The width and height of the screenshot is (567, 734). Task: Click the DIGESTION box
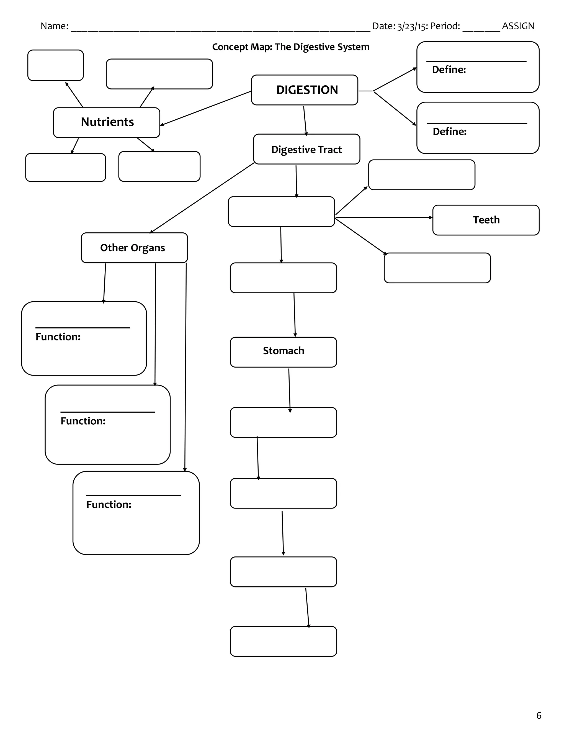pos(304,90)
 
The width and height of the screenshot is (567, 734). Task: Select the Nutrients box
pos(107,122)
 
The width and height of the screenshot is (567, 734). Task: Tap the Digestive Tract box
pos(306,149)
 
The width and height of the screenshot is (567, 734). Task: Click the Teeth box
pos(486,220)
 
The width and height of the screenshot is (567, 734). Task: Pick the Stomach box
pos(283,351)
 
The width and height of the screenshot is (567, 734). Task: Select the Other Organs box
pos(134,248)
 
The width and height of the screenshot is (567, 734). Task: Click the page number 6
pos(539,715)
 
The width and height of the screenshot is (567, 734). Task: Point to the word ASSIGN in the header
pos(518,26)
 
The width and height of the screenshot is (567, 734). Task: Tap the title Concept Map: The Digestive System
pos(290,47)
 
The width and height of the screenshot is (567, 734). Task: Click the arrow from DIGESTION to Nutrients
pos(206,108)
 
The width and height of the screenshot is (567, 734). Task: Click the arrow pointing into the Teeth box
pos(384,217)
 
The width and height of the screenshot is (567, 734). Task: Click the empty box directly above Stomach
pos(283,278)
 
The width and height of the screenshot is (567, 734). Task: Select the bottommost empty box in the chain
pos(283,641)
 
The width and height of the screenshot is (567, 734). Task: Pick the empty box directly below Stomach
pos(283,422)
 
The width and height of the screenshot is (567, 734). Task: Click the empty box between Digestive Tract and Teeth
pos(281,212)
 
